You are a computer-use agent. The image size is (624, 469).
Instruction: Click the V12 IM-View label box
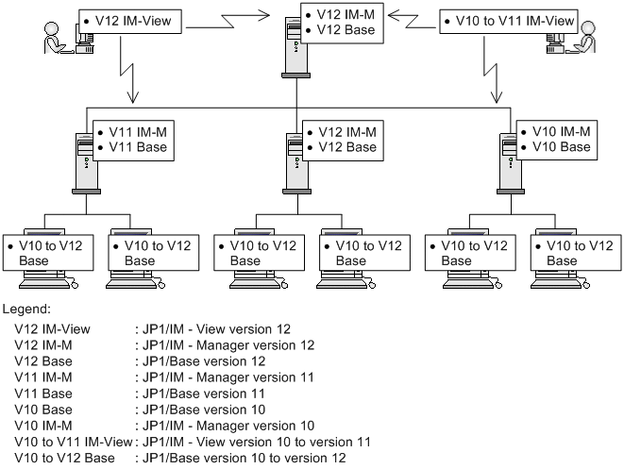[130, 22]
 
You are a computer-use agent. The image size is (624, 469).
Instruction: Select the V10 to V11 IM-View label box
[509, 22]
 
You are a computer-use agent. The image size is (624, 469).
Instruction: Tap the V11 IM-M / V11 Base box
[133, 141]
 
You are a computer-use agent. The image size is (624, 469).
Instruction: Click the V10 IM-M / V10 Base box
[557, 140]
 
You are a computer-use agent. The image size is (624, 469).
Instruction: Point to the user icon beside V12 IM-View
[53, 38]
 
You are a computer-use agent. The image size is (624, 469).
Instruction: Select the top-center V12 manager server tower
[295, 47]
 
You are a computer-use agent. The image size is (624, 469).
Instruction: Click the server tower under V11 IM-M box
[86, 163]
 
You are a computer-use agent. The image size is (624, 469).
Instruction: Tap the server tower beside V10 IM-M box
[511, 163]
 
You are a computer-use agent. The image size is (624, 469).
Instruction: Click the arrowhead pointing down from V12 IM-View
[132, 97]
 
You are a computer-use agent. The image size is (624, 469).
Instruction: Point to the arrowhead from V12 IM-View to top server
[262, 16]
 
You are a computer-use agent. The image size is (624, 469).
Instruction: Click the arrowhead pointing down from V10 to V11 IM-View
[496, 97]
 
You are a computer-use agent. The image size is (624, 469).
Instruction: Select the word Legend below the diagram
[26, 310]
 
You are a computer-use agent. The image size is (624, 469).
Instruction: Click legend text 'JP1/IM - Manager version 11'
[228, 377]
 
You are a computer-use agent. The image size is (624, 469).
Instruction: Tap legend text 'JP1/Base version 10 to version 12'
[244, 458]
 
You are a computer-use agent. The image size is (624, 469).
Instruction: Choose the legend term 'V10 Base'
[43, 410]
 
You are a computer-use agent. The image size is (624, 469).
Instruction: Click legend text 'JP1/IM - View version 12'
[216, 329]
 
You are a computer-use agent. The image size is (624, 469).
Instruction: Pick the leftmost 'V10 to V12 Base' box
[48, 253]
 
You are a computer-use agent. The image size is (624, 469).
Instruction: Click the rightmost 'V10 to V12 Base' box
[576, 253]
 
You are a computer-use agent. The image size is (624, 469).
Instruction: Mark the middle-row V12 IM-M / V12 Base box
[343, 141]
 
